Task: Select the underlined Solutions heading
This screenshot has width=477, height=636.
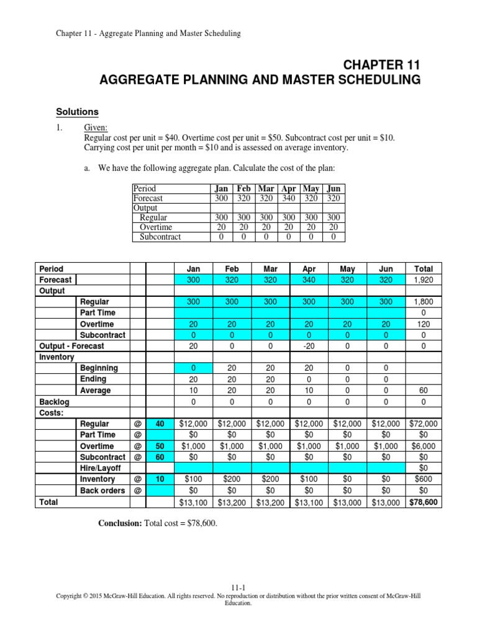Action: (77, 112)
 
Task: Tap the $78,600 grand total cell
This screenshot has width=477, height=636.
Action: (424, 502)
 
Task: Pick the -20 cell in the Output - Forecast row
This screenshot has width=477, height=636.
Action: (309, 346)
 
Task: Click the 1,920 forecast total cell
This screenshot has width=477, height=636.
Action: (424, 280)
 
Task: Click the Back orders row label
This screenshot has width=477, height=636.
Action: (102, 491)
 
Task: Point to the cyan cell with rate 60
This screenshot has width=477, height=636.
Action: (160, 457)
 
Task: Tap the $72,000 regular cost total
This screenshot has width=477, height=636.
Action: (424, 424)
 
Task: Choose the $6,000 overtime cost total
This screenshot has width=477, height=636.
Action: (424, 446)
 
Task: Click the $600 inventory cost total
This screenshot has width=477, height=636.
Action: (424, 479)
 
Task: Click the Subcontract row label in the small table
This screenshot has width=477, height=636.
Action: (160, 237)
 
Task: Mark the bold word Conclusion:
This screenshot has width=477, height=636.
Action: (120, 524)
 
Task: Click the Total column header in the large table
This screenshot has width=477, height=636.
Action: (424, 269)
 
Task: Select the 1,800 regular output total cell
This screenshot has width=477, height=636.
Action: (424, 302)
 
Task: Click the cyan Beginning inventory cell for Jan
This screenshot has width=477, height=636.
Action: (193, 368)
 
